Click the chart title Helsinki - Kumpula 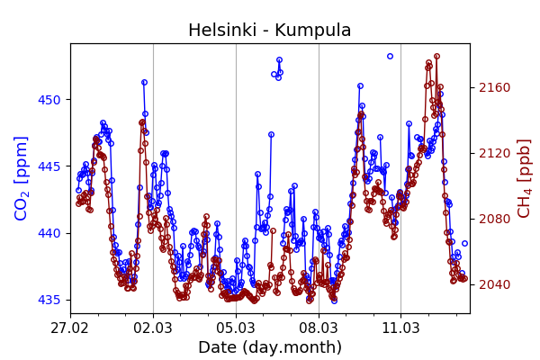[269, 31]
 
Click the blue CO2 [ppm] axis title [22, 178]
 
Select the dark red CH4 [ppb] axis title [524, 178]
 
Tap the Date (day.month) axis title [269, 347]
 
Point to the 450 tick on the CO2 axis [49, 100]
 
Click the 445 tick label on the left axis [49, 166]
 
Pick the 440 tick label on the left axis [49, 233]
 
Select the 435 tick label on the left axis [49, 300]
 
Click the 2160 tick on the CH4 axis [494, 87]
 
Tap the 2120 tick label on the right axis [494, 153]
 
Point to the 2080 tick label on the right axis [494, 219]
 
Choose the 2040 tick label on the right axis [494, 284]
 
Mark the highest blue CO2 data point [390, 56]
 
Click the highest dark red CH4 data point [436, 56]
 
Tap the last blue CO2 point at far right [464, 243]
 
